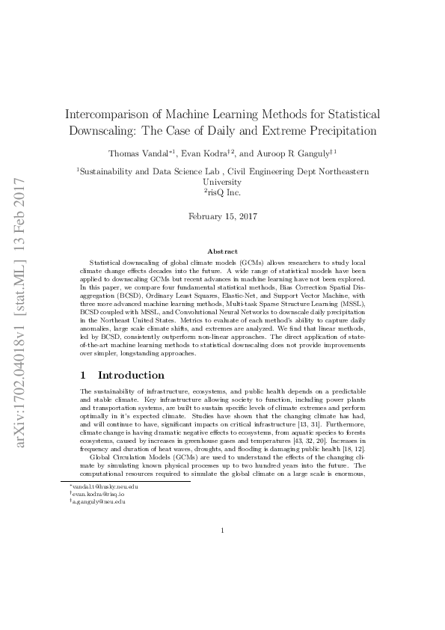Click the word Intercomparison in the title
click(x=103, y=114)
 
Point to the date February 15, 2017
click(x=223, y=217)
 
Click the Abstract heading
click(x=223, y=252)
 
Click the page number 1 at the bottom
click(x=223, y=531)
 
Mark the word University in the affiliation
click(x=223, y=182)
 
